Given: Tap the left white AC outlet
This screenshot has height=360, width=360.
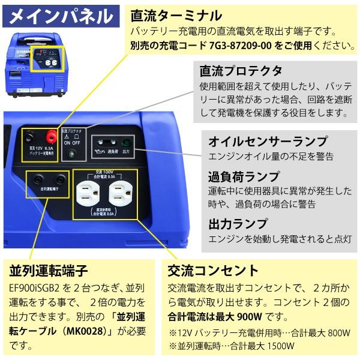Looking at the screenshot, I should pyautogui.click(x=89, y=193).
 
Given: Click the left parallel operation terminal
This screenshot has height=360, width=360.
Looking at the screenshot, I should pyautogui.click(x=38, y=179).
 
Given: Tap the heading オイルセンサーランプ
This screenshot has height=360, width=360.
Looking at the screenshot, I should pyautogui.click(x=268, y=142).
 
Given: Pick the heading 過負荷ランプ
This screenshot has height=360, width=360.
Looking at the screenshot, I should pyautogui.click(x=235, y=176).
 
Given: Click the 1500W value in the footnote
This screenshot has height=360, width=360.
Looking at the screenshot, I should pyautogui.click(x=281, y=346).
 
